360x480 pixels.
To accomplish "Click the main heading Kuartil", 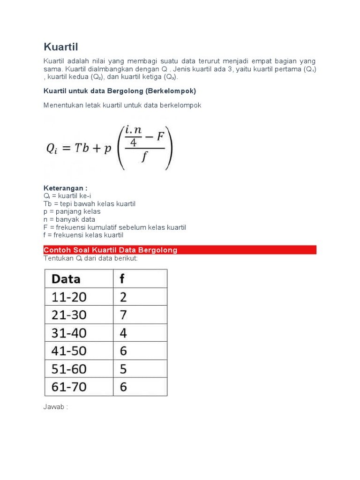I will pos(61,47).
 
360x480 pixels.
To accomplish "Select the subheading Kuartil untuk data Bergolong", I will pos(120,90).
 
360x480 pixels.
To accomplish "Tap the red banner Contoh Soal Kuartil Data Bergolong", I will pos(180,250).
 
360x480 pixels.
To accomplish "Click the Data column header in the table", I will pos(66,279).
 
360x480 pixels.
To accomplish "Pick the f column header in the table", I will pos(122,279).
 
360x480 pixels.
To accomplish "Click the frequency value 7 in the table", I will pos(123,315).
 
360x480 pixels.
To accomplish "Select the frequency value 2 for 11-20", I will pos(123,297).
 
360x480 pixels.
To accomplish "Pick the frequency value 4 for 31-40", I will pos(123,333).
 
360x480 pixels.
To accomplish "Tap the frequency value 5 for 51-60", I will pos(123,369).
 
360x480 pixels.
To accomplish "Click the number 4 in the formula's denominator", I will pos(134,143).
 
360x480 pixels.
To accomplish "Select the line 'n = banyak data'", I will pos(69,219).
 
